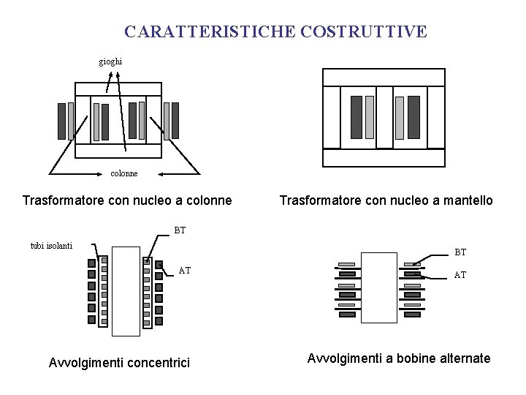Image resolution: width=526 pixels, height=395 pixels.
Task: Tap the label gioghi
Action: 111,61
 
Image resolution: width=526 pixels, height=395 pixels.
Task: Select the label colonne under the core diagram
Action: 123,173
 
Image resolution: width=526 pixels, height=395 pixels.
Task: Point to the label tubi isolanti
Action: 51,245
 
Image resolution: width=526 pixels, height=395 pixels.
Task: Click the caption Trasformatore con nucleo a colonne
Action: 127,200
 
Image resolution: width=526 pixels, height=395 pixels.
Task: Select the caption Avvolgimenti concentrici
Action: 118,362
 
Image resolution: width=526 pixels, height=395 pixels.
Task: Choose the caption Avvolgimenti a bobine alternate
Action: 399,358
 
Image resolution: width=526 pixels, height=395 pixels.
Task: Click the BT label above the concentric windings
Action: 180,230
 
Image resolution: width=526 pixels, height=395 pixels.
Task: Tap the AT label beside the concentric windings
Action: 185,270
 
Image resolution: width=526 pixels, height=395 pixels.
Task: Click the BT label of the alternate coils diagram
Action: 460,252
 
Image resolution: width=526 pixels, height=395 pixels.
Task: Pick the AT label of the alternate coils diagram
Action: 460,275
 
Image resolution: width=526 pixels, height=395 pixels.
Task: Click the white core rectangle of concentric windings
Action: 126,290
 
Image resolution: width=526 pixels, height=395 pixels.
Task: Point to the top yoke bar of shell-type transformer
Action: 384,77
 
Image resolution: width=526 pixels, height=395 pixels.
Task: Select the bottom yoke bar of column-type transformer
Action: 118,151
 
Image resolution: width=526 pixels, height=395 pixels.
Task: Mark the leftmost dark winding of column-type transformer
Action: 62,121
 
